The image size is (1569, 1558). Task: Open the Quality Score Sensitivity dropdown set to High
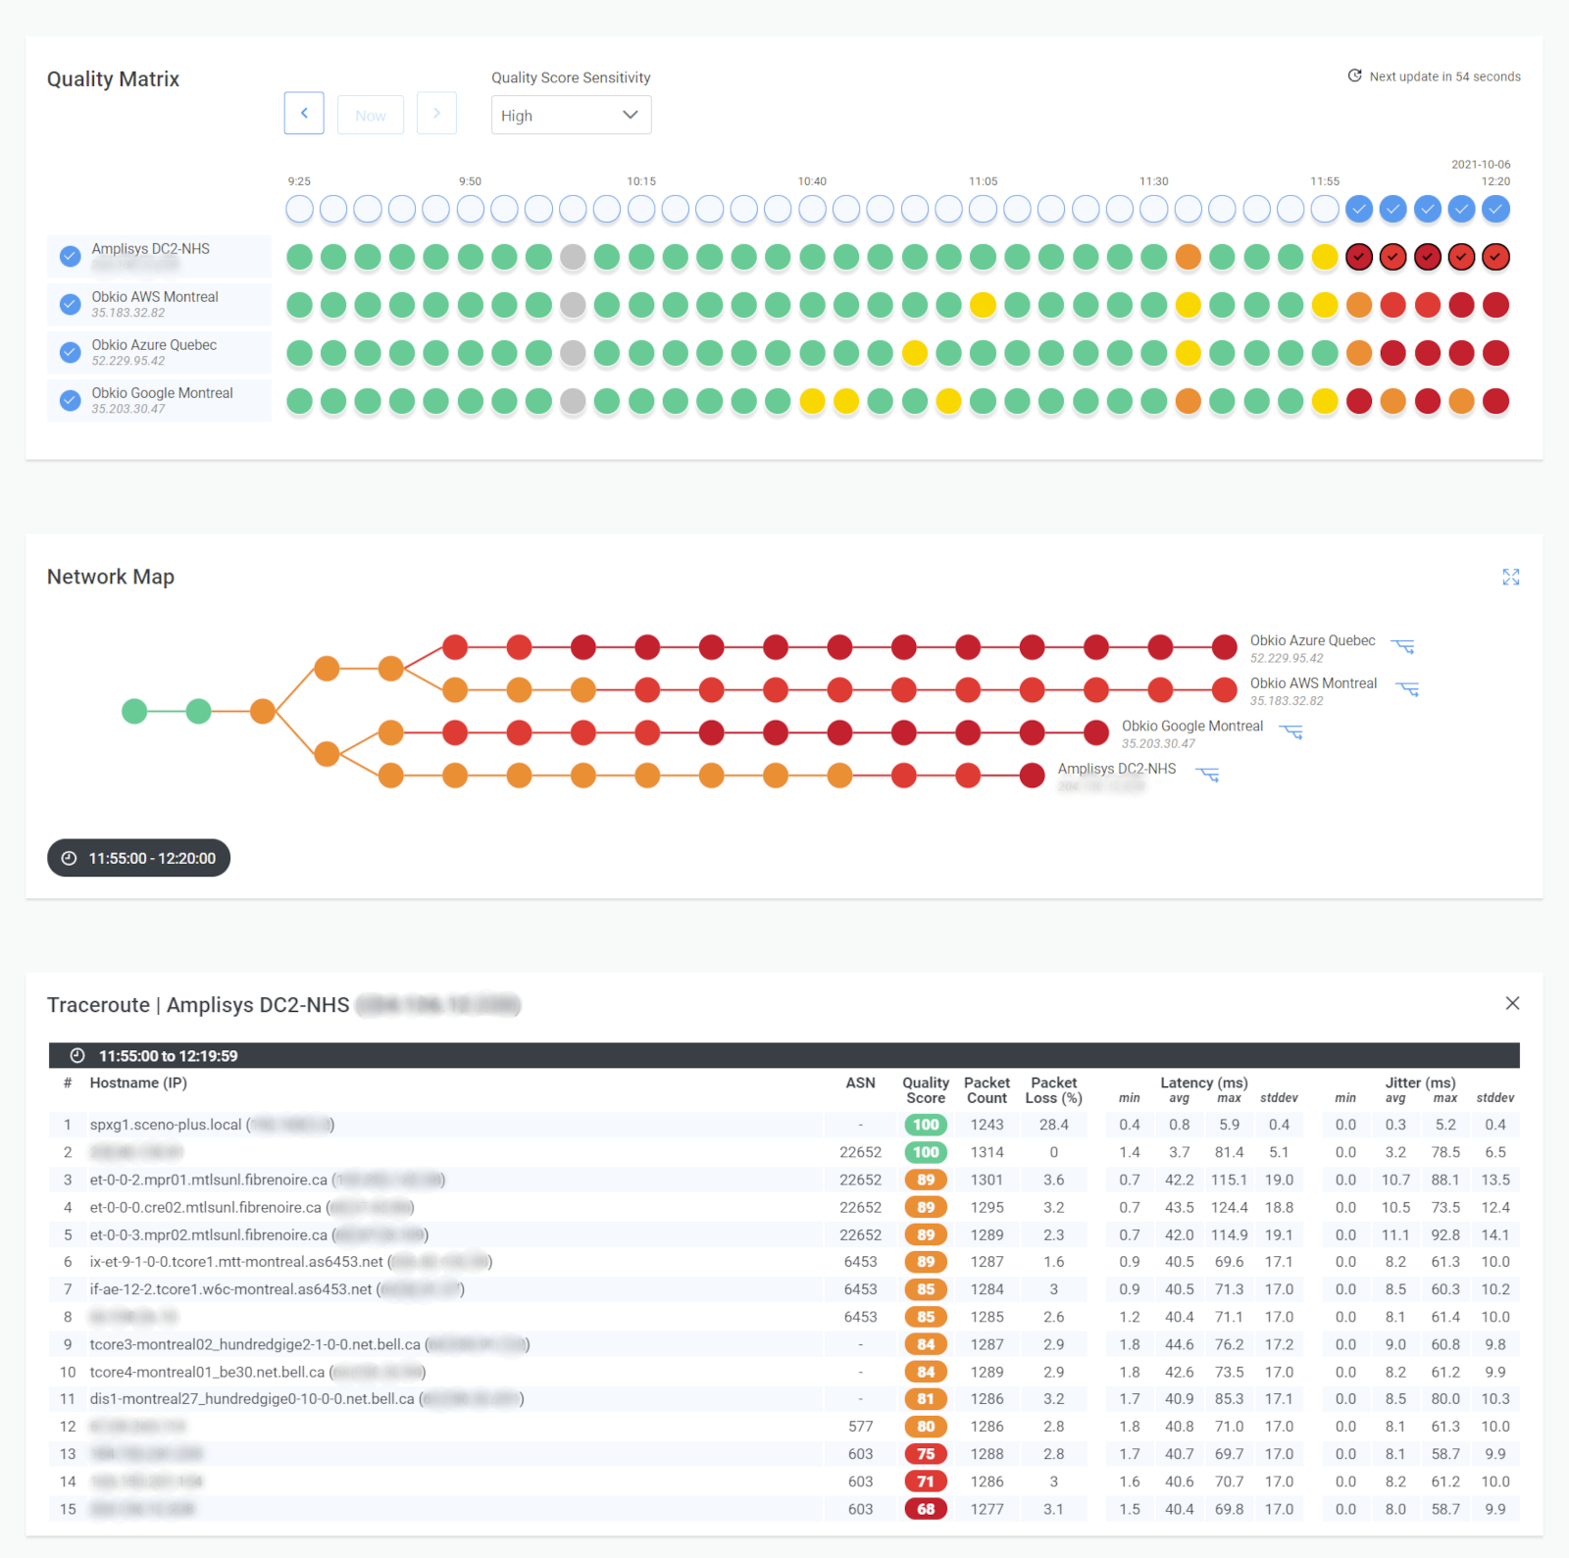(571, 115)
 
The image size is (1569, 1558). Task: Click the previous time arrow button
(304, 114)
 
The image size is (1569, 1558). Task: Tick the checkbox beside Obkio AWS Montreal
(70, 304)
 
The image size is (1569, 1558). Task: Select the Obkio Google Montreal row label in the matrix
(162, 393)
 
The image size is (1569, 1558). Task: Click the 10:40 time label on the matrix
(812, 181)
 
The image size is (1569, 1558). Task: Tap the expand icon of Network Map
(1510, 578)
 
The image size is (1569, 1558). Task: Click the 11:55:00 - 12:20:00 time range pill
(138, 858)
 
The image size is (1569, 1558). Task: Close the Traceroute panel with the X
(1512, 1003)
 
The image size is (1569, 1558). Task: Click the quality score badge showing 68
(926, 1509)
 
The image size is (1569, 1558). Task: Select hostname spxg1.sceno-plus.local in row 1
(165, 1125)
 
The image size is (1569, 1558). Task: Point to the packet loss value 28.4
(1053, 1125)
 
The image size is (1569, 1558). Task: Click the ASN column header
(860, 1082)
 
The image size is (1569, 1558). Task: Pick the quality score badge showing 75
(926, 1454)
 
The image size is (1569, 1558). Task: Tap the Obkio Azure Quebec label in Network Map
(1312, 640)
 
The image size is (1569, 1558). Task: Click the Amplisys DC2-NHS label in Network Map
(1116, 769)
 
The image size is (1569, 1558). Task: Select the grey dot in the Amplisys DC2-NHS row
(573, 257)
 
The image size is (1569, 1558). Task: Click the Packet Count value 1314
(987, 1152)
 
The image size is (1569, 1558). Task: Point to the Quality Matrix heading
(113, 79)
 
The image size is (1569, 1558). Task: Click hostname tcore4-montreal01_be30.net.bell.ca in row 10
(207, 1372)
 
